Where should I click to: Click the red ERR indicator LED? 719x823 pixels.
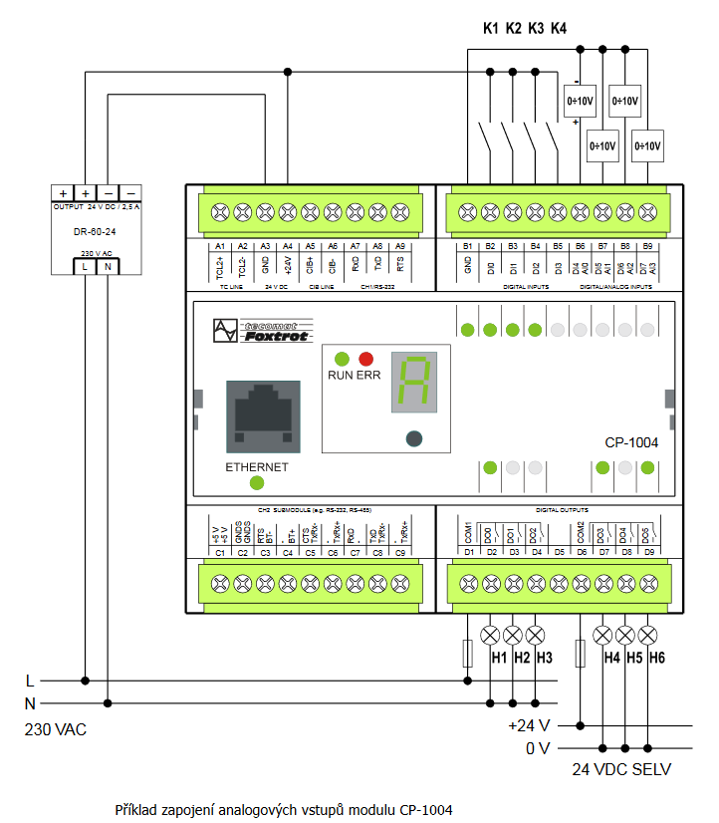(x=365, y=359)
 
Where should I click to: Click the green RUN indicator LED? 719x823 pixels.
(x=343, y=359)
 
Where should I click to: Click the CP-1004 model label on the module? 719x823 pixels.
(x=631, y=443)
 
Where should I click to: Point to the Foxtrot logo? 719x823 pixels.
(x=264, y=331)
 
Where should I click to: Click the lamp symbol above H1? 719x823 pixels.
(x=490, y=635)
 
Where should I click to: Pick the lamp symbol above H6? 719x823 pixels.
(x=647, y=635)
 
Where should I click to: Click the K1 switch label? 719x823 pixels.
(x=490, y=28)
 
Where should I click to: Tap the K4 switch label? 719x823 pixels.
(x=559, y=28)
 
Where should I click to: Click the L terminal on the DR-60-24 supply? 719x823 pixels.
(x=86, y=266)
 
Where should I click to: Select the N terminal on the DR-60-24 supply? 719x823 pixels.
(x=108, y=266)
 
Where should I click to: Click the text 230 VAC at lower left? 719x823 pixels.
(x=56, y=730)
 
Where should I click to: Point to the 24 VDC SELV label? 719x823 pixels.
(x=621, y=769)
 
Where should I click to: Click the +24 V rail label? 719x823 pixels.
(x=530, y=725)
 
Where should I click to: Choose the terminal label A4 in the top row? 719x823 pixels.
(x=288, y=245)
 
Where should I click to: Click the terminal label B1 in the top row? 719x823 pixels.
(x=468, y=245)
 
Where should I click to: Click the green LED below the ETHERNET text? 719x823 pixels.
(x=257, y=483)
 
